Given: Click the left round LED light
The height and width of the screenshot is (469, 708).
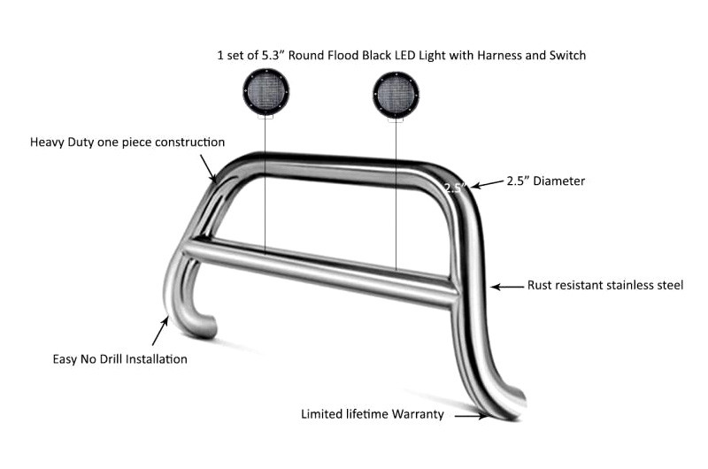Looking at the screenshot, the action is coord(265,92).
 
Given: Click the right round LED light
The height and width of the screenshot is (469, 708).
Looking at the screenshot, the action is coord(396,95).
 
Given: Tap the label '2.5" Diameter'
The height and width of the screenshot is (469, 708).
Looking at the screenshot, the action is coord(545,181).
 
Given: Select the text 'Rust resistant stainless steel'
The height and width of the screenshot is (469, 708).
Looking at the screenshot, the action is coord(605,285).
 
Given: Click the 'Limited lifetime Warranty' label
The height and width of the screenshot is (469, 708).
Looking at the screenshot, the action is coord(373,414).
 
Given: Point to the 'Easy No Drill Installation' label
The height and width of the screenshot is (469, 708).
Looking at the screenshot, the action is coord(120,359).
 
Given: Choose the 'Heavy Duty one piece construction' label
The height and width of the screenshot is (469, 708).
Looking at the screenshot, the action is coord(127,142).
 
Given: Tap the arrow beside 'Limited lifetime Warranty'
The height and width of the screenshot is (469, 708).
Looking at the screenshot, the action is coord(472,416).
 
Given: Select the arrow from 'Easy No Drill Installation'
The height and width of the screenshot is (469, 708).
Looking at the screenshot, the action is coord(160,331).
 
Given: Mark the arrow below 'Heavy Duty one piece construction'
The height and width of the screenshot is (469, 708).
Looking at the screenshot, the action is coord(208,168).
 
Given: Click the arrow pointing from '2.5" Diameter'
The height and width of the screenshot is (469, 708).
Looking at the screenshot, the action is coord(487,184).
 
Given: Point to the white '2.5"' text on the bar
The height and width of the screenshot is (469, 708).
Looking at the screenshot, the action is coord(454,188).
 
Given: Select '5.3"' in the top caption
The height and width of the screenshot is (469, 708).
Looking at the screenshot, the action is coord(273,56).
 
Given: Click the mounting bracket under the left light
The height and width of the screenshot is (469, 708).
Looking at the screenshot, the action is coord(265,118).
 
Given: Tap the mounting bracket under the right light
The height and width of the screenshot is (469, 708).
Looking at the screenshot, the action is coord(396,120).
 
